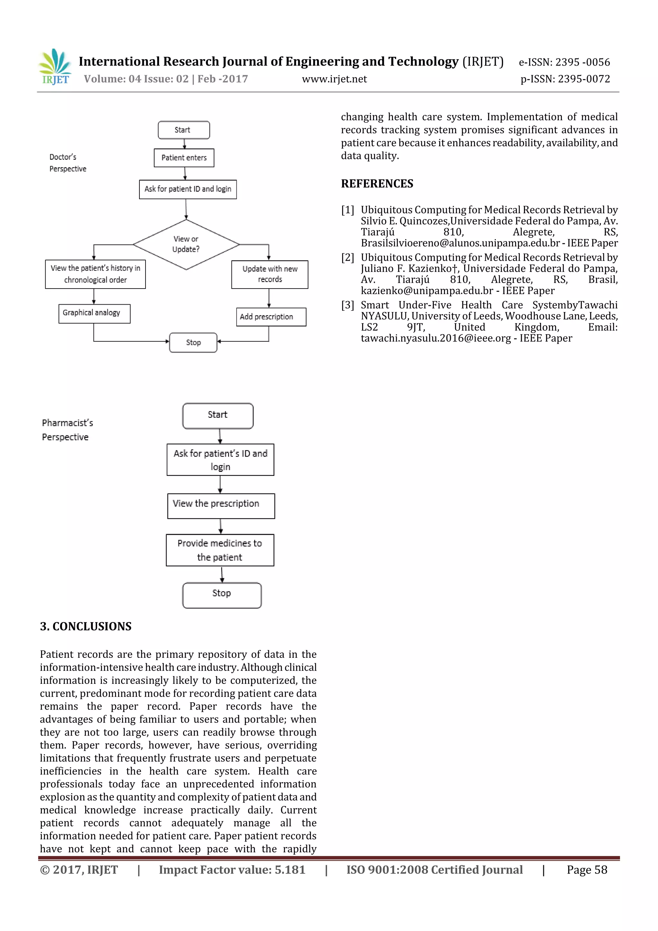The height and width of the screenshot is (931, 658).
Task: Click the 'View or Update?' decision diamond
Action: pyautogui.click(x=186, y=244)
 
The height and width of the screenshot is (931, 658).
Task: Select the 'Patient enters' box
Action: pyautogui.click(x=184, y=158)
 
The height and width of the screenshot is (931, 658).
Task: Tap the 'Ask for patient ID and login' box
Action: pyautogui.click(x=188, y=189)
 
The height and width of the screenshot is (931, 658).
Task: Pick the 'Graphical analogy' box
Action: pyautogui.click(x=94, y=313)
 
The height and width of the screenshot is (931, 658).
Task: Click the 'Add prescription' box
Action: pyautogui.click(x=271, y=317)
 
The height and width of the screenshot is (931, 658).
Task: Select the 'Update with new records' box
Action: pyautogui.click(x=270, y=274)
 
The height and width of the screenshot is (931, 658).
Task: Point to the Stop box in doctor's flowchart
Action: pyautogui.click(x=193, y=342)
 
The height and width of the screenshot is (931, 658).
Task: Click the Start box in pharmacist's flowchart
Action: pyautogui.click(x=218, y=415)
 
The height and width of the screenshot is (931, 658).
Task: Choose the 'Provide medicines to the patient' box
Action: pyautogui.click(x=220, y=550)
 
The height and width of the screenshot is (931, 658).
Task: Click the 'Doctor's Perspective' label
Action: pyautogui.click(x=68, y=163)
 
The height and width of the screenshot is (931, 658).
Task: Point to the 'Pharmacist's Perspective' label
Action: pyautogui.click(x=67, y=430)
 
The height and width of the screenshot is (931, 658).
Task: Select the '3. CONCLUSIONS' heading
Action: pyautogui.click(x=85, y=626)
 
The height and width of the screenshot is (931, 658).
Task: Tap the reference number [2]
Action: pyautogui.click(x=347, y=257)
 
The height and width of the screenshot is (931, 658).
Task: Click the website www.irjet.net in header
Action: pyautogui.click(x=334, y=79)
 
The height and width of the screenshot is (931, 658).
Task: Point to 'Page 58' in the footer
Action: pyautogui.click(x=587, y=869)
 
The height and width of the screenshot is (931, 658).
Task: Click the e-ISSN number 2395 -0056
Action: pyautogui.click(x=582, y=62)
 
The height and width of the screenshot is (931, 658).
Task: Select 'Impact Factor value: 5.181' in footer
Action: pyautogui.click(x=232, y=869)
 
